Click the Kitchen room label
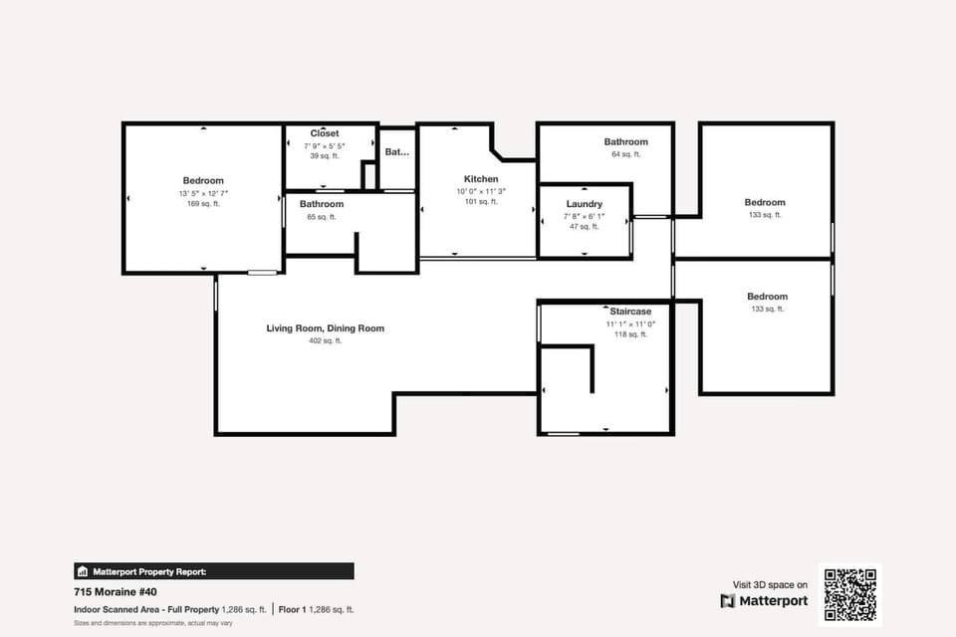click(481, 179)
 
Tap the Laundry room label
click(584, 204)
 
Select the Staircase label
click(630, 312)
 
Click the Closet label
click(324, 133)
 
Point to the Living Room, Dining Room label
click(325, 328)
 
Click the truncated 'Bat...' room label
click(397, 152)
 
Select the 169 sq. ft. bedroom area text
click(203, 204)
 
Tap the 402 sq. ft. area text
click(325, 341)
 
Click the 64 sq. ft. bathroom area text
click(625, 154)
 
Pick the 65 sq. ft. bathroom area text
click(322, 217)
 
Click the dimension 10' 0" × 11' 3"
click(481, 191)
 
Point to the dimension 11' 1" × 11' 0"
click(630, 323)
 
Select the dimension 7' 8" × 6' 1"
click(584, 216)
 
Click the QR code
click(849, 594)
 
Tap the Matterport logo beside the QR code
click(764, 601)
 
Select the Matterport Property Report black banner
click(213, 571)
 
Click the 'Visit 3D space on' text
click(770, 585)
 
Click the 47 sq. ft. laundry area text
click(584, 227)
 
